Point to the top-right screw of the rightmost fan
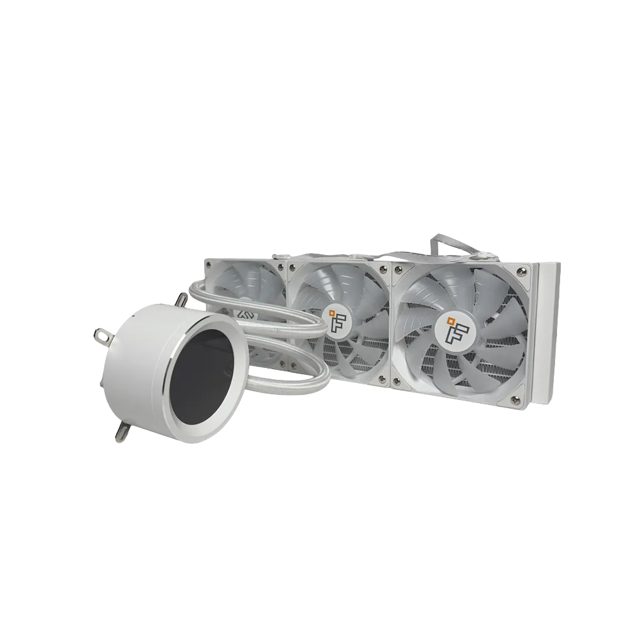[x=522, y=271]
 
